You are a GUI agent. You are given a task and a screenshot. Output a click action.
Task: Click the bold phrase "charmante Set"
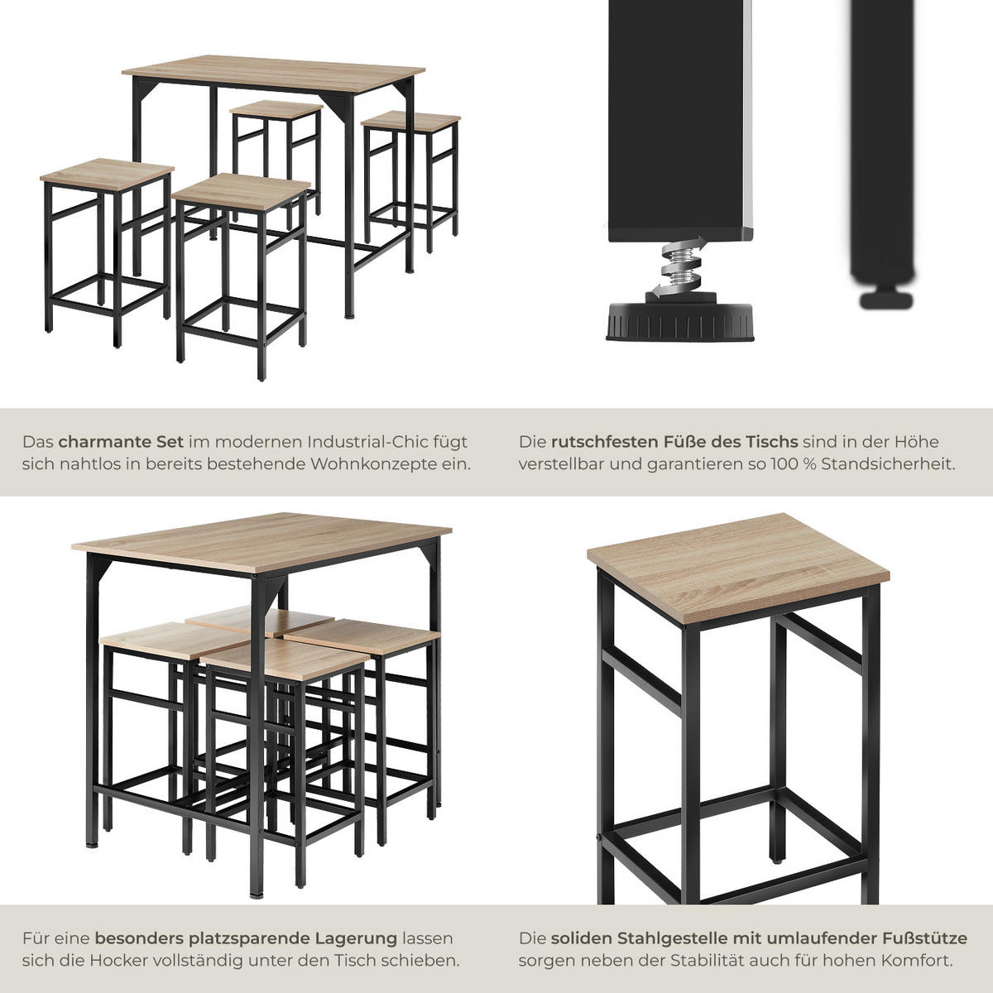click(121, 442)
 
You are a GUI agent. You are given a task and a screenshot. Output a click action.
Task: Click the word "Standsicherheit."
click(888, 463)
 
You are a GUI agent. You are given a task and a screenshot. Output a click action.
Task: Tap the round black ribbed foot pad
click(679, 322)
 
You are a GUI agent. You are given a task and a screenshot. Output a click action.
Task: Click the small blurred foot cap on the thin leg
click(885, 300)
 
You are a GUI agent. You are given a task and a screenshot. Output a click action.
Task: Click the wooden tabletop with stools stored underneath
click(261, 542)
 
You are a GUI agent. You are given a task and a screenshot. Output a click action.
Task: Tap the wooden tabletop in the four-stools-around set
click(273, 74)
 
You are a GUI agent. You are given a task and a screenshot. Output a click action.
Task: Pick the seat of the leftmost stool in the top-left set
click(107, 175)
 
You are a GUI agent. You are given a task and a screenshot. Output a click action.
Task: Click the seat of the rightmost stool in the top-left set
click(410, 122)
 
